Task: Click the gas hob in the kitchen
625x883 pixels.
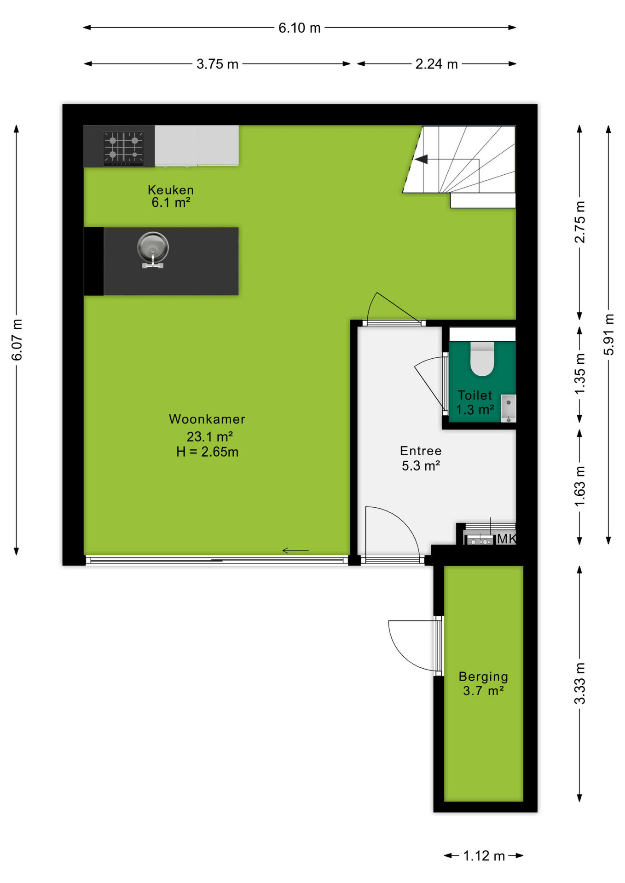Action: coord(123,148)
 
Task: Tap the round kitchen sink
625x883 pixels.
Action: coord(153,247)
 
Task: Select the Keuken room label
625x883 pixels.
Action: coord(171,190)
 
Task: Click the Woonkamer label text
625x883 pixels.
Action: coord(207,419)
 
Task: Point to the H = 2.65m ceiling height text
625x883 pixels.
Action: coord(208,452)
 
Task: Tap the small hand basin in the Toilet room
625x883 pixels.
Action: coord(508,408)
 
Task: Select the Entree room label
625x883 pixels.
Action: coord(421,451)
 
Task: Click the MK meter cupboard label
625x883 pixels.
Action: coord(506,539)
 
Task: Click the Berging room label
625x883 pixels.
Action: coord(483,677)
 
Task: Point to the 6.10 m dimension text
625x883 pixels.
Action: coord(299,28)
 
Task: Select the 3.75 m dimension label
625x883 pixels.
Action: coord(217,64)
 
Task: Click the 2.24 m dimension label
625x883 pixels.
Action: coord(436,64)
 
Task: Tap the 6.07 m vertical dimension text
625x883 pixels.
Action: coord(17,340)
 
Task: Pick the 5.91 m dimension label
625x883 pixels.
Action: coord(609,334)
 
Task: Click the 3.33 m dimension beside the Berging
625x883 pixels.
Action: coord(580,683)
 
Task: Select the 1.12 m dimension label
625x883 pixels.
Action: coord(484,856)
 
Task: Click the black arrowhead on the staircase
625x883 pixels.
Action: coord(421,159)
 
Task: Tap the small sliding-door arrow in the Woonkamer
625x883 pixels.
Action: coord(295,550)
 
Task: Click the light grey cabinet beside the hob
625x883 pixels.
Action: coord(197,145)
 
